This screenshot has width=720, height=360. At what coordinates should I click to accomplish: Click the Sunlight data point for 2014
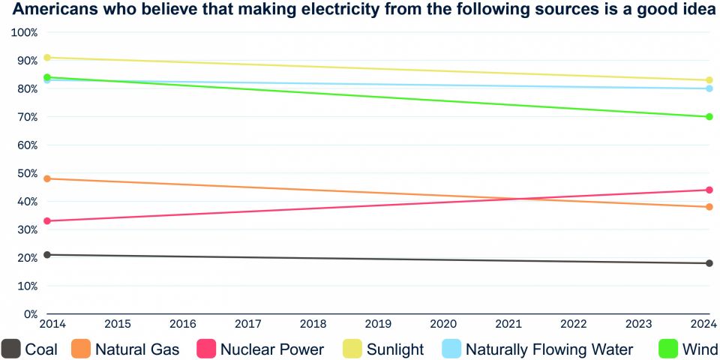(47, 58)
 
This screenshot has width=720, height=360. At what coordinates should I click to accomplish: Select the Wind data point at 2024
(709, 117)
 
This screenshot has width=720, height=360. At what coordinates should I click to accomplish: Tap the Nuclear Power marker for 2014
(47, 221)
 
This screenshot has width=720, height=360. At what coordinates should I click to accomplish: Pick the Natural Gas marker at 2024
(709, 207)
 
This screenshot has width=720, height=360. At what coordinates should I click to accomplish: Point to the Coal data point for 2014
(47, 255)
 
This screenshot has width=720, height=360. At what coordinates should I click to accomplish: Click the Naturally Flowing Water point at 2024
(709, 88)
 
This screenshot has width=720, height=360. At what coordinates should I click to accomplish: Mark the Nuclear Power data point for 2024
(709, 190)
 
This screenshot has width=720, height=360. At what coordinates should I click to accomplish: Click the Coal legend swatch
(10, 349)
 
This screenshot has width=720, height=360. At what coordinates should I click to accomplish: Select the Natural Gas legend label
(137, 349)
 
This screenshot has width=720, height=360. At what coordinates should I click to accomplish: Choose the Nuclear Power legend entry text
(271, 349)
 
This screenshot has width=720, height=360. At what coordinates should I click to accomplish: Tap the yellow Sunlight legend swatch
(352, 349)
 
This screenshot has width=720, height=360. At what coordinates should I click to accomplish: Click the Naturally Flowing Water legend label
(549, 349)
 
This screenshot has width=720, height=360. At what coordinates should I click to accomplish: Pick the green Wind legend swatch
(668, 349)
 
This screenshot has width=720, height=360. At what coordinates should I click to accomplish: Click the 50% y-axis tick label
(25, 173)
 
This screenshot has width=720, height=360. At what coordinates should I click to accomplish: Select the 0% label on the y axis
(30, 314)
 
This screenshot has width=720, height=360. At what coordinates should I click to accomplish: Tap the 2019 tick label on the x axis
(377, 325)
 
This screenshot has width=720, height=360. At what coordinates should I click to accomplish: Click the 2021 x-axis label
(509, 325)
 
